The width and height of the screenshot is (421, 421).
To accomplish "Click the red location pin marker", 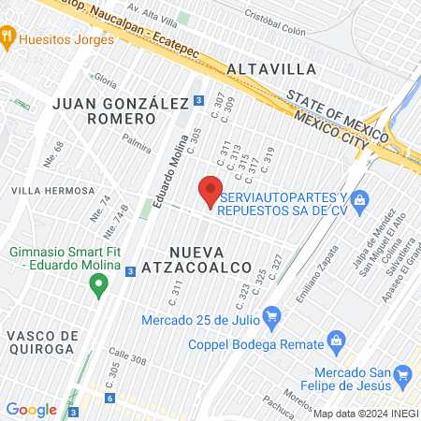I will pyautogui.click(x=210, y=190).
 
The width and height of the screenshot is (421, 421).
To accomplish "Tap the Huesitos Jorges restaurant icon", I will pyautogui.click(x=8, y=39).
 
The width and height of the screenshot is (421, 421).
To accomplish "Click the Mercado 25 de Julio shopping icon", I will pyautogui.click(x=272, y=314).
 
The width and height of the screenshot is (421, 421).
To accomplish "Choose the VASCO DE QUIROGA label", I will pyautogui.click(x=39, y=341).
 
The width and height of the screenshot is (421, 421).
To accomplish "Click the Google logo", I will pyautogui.click(x=31, y=409).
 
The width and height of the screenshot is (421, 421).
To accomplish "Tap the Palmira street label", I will pyautogui.click(x=136, y=148).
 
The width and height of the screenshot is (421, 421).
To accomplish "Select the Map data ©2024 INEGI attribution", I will pyautogui.click(x=365, y=413).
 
